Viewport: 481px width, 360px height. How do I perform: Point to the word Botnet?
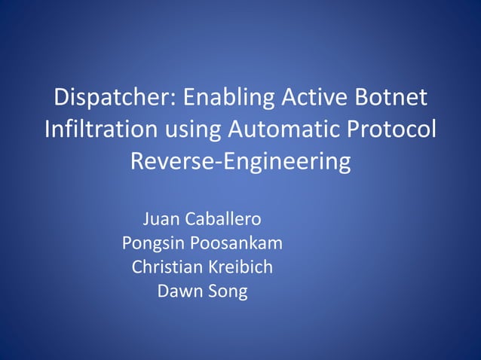(391, 97)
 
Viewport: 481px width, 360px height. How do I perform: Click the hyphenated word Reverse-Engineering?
(240, 162)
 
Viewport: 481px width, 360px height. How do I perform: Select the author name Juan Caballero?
(202, 220)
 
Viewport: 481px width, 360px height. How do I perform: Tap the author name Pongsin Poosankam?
(202, 244)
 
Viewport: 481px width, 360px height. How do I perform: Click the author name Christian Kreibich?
(202, 267)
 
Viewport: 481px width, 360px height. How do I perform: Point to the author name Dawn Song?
(202, 291)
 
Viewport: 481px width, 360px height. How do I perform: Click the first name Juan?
(159, 220)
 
